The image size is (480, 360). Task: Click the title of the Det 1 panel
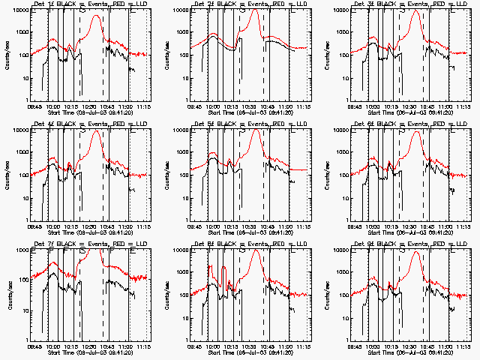pyautogui.click(x=83, y=4)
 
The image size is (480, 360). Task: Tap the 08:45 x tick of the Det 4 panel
pyautogui.click(x=34, y=226)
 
